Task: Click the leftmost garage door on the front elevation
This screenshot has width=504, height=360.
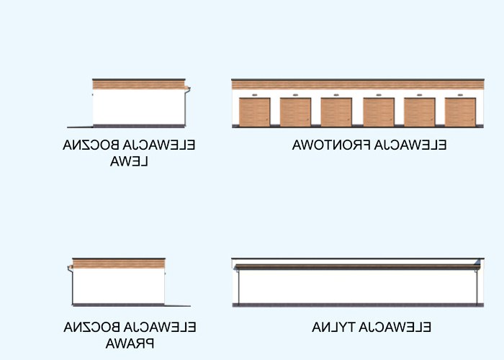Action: (x=254, y=112)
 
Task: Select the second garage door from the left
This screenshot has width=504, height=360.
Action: (x=295, y=112)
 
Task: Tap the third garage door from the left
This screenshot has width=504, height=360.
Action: (x=336, y=112)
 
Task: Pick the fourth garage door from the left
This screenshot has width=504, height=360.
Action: (x=379, y=112)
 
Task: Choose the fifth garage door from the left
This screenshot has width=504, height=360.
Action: (x=420, y=112)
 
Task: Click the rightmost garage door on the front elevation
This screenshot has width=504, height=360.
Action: (x=461, y=112)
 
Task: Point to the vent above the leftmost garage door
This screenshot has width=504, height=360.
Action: (x=254, y=94)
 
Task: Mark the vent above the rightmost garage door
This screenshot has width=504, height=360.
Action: (x=461, y=94)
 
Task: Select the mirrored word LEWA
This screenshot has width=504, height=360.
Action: (x=130, y=161)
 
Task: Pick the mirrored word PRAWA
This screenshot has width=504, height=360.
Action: (x=130, y=343)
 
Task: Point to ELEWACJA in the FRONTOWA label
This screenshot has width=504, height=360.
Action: (x=411, y=145)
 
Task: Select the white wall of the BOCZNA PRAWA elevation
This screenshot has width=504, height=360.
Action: (x=119, y=286)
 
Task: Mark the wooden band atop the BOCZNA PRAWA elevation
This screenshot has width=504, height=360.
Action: (x=119, y=264)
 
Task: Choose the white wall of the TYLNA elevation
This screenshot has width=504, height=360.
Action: (x=356, y=287)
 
